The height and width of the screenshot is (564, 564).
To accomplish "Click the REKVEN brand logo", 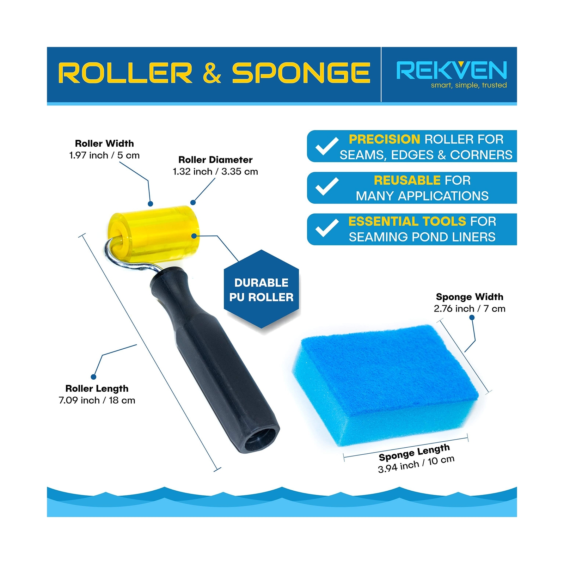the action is [x=452, y=70].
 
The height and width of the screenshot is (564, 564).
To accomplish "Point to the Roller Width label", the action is [x=104, y=143].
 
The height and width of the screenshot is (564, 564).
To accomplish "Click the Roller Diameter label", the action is [x=215, y=160].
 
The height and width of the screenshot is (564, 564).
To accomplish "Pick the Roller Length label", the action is [x=97, y=388].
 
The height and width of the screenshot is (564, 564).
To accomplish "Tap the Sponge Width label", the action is [x=470, y=297].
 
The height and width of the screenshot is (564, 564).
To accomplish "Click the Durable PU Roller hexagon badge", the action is [x=262, y=289].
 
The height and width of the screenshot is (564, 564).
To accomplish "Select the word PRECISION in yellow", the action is [x=384, y=139].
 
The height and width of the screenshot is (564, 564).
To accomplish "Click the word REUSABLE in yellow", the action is [x=407, y=180].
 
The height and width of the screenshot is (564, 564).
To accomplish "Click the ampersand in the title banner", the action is [x=212, y=73].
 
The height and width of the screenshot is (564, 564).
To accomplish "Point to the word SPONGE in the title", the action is [x=301, y=73].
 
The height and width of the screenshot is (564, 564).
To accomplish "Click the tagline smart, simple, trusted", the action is [x=469, y=85].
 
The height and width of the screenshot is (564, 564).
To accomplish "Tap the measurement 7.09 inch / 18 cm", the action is [x=97, y=400].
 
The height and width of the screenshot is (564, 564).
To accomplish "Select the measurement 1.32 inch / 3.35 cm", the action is [x=215, y=172].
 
